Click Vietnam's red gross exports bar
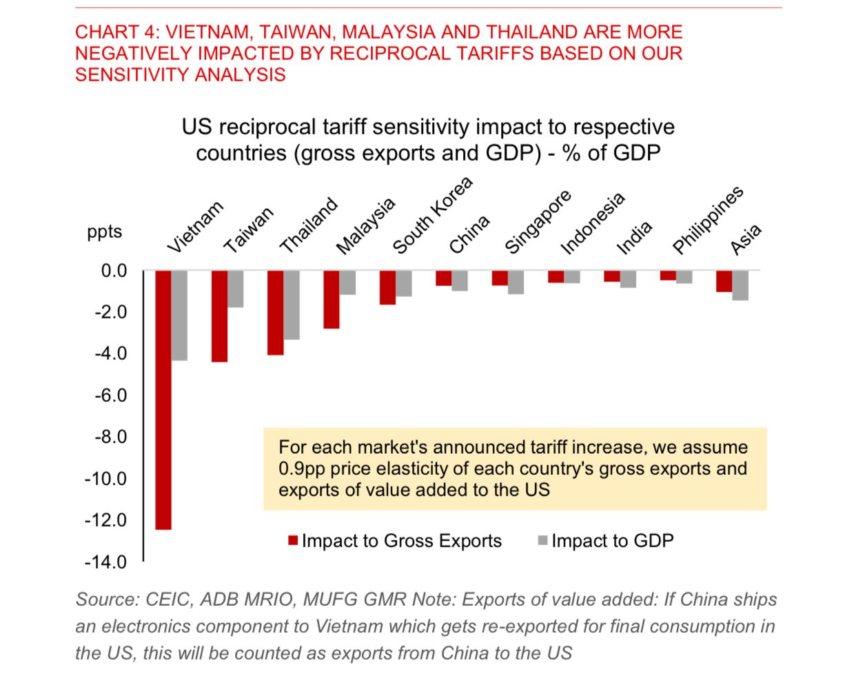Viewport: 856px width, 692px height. coord(163,400)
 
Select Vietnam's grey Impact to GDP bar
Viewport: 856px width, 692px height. coord(179,315)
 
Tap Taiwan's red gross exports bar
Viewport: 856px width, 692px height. coord(219,316)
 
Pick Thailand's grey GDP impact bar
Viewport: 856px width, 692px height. coord(292,305)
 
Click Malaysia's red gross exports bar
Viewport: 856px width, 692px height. coord(332,299)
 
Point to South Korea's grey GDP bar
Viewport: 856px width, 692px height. coord(404,283)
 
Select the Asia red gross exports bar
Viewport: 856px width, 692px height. coord(724,281)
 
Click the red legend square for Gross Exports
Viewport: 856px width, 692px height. coord(293,541)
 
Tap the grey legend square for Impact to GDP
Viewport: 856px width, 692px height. coord(542,541)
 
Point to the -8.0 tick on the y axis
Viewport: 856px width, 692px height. coord(110,437)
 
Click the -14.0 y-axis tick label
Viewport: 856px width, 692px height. coord(106,562)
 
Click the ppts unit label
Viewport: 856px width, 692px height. coord(104,232)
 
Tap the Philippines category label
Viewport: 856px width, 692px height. coord(708,219)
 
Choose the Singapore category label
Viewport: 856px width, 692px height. coord(538,221)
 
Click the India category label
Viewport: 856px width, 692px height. coord(633,238)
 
